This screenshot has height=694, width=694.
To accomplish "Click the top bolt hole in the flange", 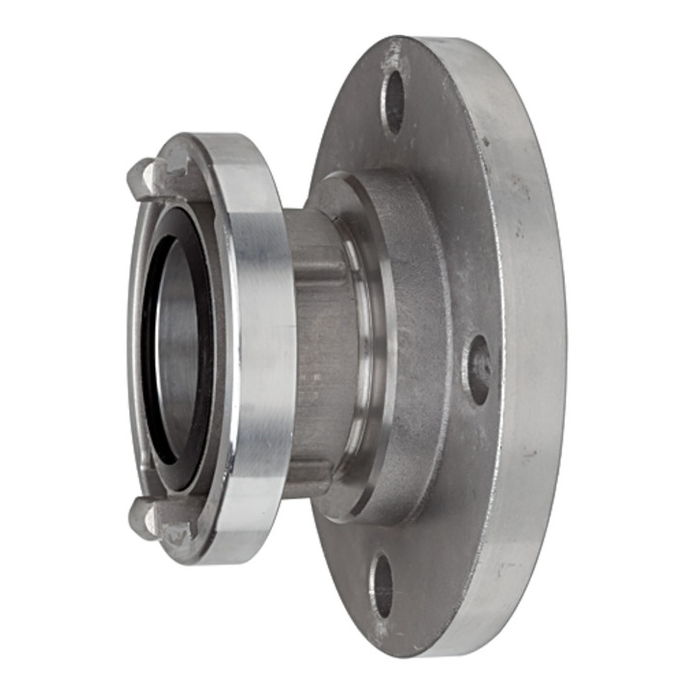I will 393,100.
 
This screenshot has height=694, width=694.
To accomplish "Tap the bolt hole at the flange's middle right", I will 477,369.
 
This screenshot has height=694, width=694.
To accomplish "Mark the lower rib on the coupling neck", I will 308,472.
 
